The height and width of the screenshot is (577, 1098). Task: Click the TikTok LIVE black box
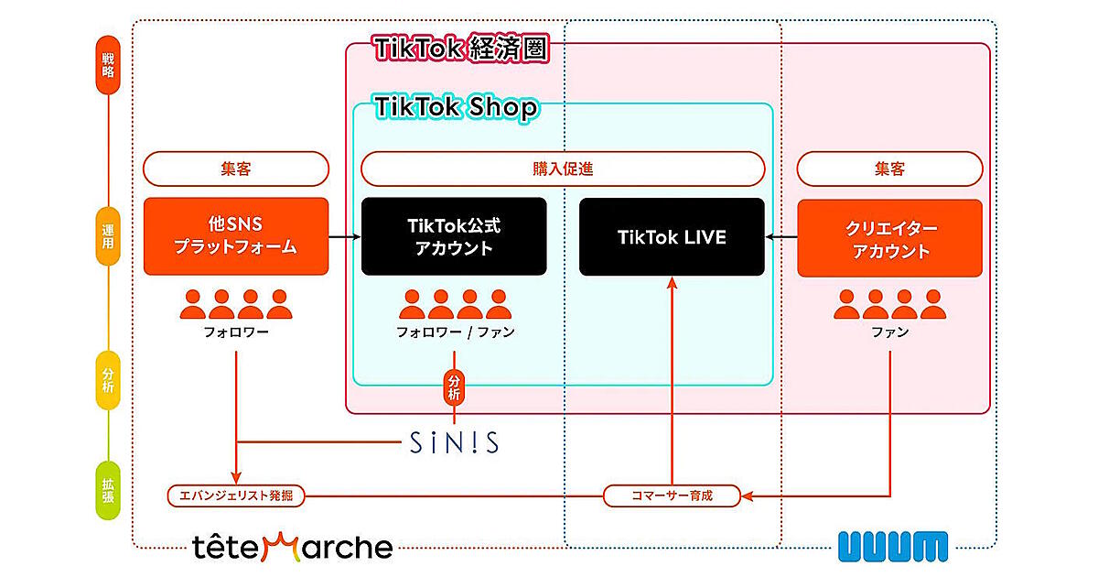point(672,237)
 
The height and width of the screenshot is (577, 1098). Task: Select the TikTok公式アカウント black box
point(454,237)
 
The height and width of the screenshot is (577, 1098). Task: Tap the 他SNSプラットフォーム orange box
point(236,237)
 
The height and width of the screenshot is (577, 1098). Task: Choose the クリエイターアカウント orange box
point(890,237)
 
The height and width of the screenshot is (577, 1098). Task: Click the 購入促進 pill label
point(562,169)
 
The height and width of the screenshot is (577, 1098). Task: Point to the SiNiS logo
point(453,443)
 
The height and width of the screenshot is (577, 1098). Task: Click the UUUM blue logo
point(892,546)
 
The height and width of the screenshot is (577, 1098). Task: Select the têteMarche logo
point(293,548)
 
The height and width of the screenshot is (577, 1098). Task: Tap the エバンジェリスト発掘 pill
point(236,495)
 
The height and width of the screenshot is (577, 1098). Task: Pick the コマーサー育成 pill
point(671,495)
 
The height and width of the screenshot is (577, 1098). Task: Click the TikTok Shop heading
point(456,108)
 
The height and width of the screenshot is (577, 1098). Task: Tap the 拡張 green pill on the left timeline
point(108,492)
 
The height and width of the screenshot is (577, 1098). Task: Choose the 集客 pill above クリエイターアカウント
point(890,169)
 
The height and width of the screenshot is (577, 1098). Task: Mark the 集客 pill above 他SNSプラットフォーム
point(236,169)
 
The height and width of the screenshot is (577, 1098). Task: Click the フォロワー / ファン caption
point(455,332)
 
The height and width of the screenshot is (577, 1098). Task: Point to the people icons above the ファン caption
point(889,304)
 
